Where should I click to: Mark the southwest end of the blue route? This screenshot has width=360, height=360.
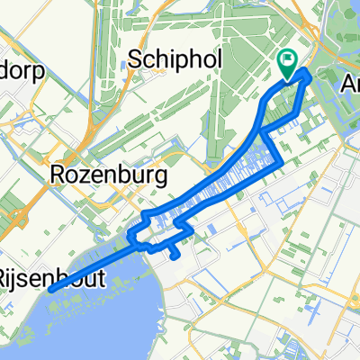(51, 288)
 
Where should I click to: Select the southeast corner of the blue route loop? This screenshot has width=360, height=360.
(283, 162)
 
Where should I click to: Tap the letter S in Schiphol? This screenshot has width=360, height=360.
(136, 58)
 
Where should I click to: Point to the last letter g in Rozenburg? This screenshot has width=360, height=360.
(162, 177)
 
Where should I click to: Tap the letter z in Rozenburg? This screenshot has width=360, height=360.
(88, 175)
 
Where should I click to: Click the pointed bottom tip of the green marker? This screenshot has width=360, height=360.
(288, 77)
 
